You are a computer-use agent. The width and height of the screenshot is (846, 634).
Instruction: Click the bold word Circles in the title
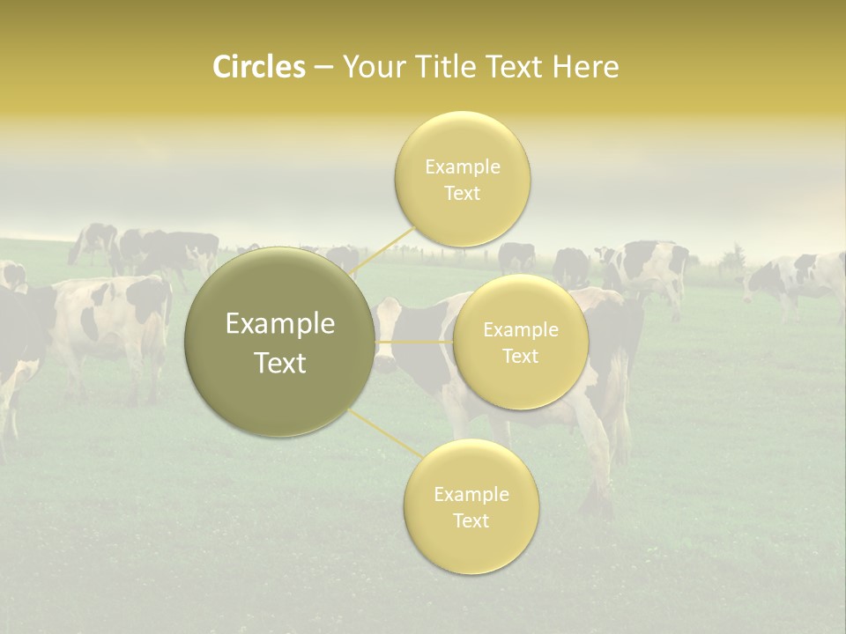pos(259,67)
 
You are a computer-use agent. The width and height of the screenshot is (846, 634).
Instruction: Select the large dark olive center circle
pos(280,343)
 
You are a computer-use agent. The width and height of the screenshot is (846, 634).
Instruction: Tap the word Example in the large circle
pos(280,324)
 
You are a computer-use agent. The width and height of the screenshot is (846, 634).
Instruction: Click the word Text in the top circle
pos(463,193)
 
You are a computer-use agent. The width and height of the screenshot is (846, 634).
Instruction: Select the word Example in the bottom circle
pos(471,494)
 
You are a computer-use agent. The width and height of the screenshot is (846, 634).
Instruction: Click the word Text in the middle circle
pos(521,356)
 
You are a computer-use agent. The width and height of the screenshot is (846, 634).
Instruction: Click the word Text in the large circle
pos(280,363)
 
